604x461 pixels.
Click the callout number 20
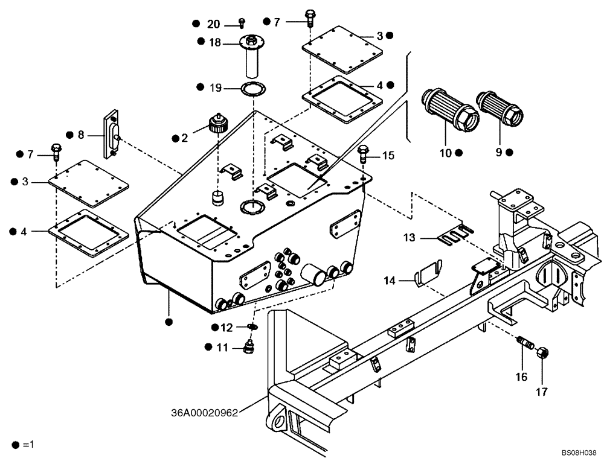coord(213,24)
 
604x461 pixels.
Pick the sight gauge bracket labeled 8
coord(112,134)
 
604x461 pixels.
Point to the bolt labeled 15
coord(364,154)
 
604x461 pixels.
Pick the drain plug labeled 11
coord(247,348)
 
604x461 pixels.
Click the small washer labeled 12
coord(252,327)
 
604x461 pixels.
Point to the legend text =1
coord(28,445)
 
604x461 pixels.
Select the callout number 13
coord(410,238)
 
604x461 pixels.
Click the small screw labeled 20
coord(241,23)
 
